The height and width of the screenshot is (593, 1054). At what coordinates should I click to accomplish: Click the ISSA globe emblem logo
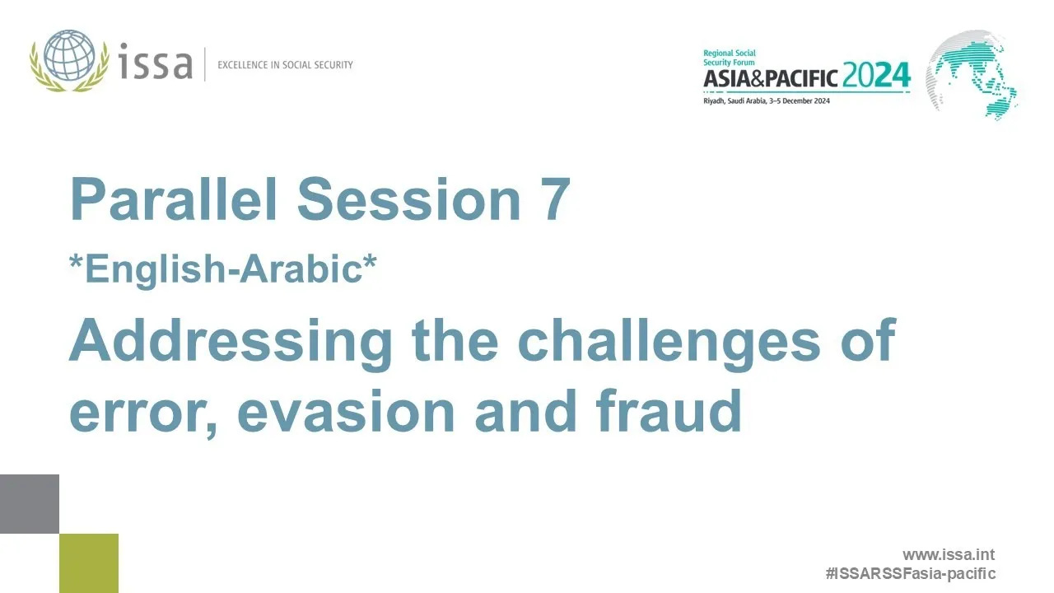click(70, 60)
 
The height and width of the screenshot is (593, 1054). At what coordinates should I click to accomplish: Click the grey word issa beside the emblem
click(156, 61)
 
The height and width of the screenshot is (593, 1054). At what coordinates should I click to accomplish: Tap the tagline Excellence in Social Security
click(285, 65)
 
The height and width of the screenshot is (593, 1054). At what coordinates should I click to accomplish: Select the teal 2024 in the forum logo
click(876, 75)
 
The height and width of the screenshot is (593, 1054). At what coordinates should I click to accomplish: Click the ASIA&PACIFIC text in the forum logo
click(771, 78)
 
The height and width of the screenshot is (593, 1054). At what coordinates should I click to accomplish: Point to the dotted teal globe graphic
click(972, 74)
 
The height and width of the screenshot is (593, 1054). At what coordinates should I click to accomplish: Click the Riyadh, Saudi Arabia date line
click(767, 101)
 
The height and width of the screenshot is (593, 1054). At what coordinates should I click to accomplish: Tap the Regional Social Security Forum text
click(730, 58)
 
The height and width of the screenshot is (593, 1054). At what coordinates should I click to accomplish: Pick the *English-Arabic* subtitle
click(223, 269)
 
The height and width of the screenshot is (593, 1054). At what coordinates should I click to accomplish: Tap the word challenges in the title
click(669, 340)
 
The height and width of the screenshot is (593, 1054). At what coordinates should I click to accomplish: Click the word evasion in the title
click(347, 412)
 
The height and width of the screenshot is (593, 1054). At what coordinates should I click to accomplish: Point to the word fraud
click(669, 409)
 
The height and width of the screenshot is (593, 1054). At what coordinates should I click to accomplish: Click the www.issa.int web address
click(949, 554)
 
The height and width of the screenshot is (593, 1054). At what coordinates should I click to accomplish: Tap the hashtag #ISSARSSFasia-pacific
click(911, 574)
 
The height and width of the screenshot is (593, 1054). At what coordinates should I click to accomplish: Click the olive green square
click(89, 563)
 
